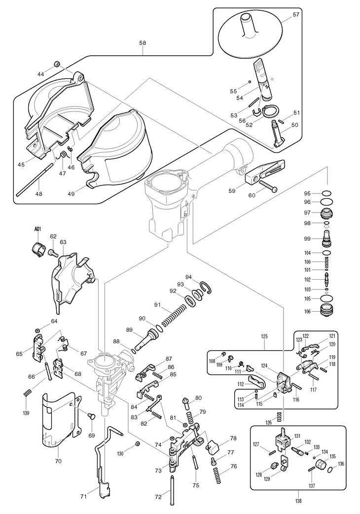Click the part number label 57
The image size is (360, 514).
[296, 15]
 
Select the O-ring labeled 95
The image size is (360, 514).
[324, 193]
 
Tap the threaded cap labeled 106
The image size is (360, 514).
[325, 312]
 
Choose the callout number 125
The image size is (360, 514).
[264, 336]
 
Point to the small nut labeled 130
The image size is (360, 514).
[138, 444]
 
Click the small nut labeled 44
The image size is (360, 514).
[57, 64]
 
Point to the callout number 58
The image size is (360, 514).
[143, 43]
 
